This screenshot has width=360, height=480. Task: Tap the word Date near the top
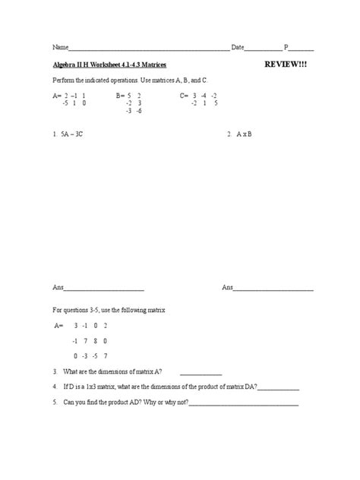click(238, 47)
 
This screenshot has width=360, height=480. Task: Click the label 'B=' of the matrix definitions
click(121, 96)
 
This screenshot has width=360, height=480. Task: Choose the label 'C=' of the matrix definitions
click(185, 96)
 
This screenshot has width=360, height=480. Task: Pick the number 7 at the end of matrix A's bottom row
click(106, 355)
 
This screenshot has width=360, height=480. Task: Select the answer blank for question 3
click(201, 374)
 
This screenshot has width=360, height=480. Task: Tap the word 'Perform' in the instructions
click(62, 81)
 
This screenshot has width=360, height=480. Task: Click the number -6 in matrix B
click(141, 110)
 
